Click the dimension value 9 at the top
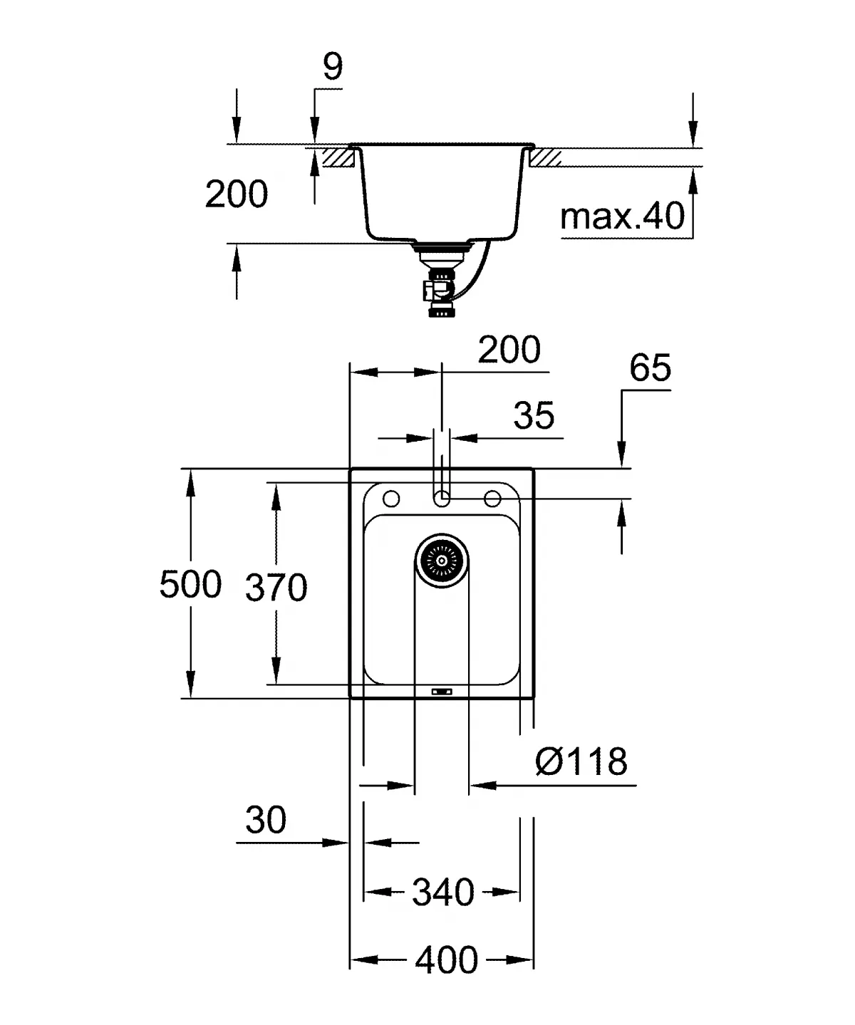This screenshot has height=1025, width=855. click(333, 67)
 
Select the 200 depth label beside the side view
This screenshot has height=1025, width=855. click(237, 194)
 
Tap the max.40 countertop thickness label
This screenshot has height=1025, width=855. click(622, 215)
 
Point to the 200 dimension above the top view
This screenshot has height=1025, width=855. click(509, 350)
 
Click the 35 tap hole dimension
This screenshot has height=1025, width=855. click(534, 415)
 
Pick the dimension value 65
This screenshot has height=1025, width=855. click(650, 368)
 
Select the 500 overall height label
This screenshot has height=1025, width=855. click(190, 585)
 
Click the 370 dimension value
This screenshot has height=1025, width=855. click(276, 588)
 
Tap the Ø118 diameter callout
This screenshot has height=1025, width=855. click(581, 762)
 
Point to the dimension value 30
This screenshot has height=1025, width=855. click(266, 820)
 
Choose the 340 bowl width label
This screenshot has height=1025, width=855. click(442, 893)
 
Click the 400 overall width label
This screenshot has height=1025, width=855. click(447, 961)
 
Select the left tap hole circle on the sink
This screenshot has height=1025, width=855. click(391, 498)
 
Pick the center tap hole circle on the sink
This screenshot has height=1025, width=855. click(442, 499)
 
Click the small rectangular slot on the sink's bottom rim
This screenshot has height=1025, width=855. click(442, 690)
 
